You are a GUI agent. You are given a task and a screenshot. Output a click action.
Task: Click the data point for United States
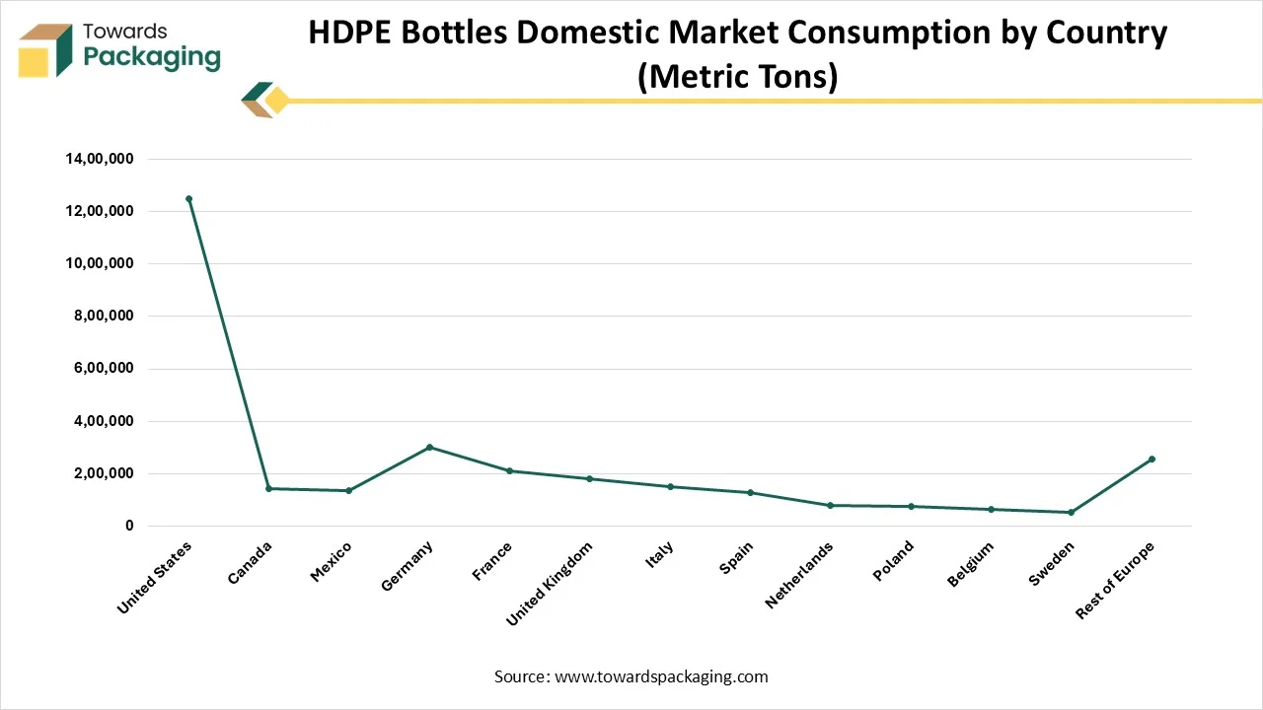[188, 198]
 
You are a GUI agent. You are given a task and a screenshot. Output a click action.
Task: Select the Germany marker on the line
[429, 447]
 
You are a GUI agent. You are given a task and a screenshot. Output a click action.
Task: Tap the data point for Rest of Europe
[1152, 460]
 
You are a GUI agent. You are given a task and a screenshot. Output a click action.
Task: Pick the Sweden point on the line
[1071, 512]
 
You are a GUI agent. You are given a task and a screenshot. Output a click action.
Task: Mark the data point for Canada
[268, 488]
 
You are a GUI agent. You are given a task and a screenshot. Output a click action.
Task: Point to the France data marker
[509, 470]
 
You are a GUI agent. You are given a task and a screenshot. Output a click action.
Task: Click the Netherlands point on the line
[830, 505]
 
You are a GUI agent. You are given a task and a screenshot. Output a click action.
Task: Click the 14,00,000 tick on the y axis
[99, 159]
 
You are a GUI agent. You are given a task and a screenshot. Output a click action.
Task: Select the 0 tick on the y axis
[129, 527]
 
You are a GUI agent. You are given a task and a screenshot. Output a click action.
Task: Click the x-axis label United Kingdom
[551, 583]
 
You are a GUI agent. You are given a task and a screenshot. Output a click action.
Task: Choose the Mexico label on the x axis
[332, 561]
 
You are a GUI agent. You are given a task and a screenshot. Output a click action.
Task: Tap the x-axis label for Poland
[894, 560]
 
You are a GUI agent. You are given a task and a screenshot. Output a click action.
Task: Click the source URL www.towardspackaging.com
[661, 676]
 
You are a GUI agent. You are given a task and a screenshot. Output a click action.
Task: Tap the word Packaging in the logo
[152, 57]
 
